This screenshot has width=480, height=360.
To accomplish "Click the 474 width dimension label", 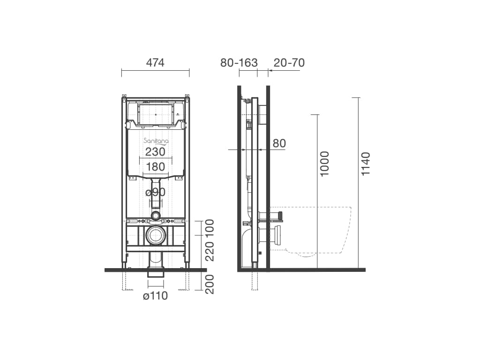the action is pos(155,63).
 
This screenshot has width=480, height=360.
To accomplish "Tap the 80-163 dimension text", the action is pos(239,63).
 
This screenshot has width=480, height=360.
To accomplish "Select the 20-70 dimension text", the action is pos(289,63).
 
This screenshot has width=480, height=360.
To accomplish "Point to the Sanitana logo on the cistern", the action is pos(156,141).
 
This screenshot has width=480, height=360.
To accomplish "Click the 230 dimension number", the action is pos(155,151).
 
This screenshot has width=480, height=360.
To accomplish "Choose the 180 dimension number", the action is pos(155,167).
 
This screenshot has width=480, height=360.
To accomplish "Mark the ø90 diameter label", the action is pos(155,192).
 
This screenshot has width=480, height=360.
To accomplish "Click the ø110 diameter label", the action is pos(156,296).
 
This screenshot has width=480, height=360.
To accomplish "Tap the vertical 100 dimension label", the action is pos(210,227).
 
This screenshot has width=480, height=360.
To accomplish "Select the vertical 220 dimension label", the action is pos(210,251).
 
